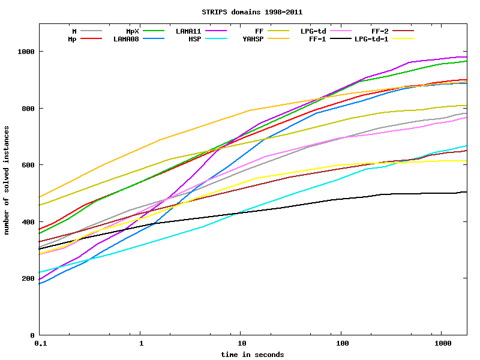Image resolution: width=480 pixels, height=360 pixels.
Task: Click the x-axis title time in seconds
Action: pos(252,355)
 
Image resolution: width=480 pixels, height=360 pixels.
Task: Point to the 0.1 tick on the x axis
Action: pos(40,344)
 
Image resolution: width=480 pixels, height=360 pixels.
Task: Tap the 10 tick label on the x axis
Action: pos(240,344)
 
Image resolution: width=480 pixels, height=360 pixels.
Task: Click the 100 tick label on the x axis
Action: pos(341,344)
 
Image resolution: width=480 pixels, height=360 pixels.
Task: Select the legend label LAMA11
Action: pos(188,31)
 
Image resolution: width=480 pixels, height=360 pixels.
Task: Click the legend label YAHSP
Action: pos(253,39)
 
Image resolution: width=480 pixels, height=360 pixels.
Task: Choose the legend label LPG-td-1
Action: pos(371,39)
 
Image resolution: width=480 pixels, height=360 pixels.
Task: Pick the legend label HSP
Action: pos(195,39)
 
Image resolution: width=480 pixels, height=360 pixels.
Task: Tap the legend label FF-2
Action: pos(380,31)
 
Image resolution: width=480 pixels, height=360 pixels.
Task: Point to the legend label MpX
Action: pos(133,31)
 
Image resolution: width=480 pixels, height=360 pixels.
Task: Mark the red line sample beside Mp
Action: pos(91,39)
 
